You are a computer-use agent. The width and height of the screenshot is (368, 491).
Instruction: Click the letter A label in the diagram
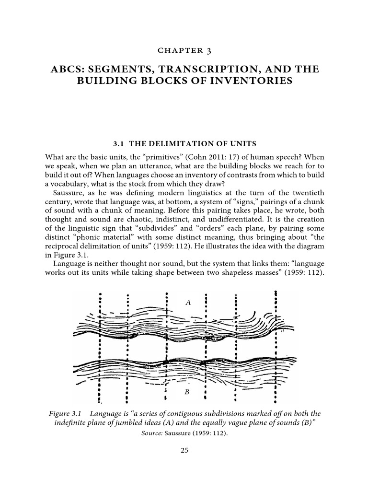pyautogui.click(x=188, y=302)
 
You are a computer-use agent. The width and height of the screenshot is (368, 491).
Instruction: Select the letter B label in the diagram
pyautogui.click(x=187, y=392)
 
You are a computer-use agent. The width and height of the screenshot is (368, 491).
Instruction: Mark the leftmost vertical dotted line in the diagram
pyautogui.click(x=99, y=345)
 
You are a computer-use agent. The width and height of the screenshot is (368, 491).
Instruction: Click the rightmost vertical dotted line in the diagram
pyautogui.click(x=276, y=345)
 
